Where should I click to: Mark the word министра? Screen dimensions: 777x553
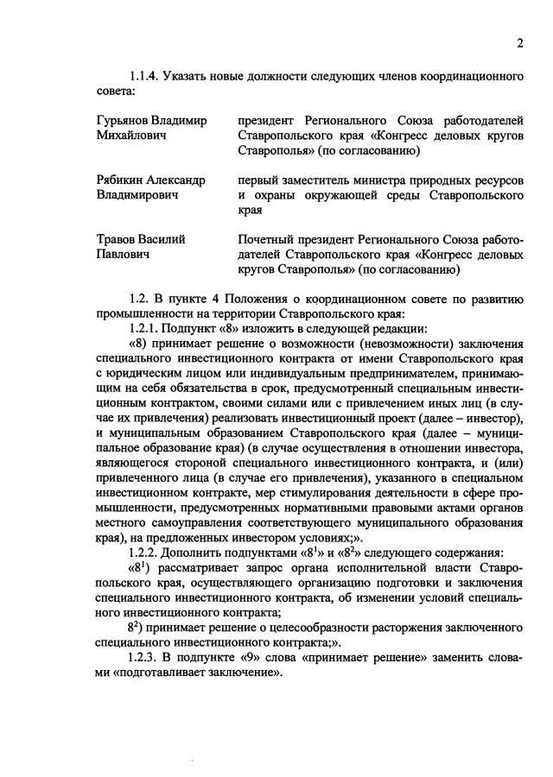pos(401,180)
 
